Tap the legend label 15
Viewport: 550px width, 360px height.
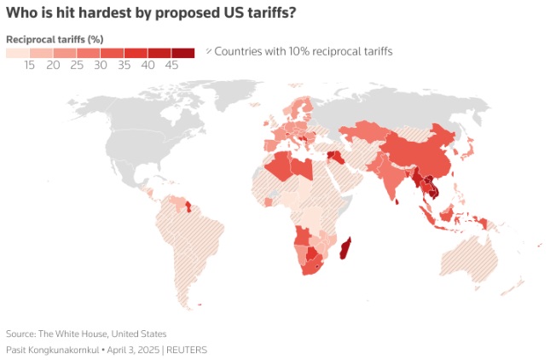point(29,65)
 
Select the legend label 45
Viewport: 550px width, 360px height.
point(171,65)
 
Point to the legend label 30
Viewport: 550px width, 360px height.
point(101,65)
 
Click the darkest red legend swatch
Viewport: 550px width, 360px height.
point(183,53)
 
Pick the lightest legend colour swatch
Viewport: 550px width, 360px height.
point(17,53)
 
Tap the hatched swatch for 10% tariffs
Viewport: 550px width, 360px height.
point(209,52)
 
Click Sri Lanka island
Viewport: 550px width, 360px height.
point(397,201)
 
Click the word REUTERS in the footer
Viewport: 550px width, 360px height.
point(187,350)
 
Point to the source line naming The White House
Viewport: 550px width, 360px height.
point(86,334)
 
